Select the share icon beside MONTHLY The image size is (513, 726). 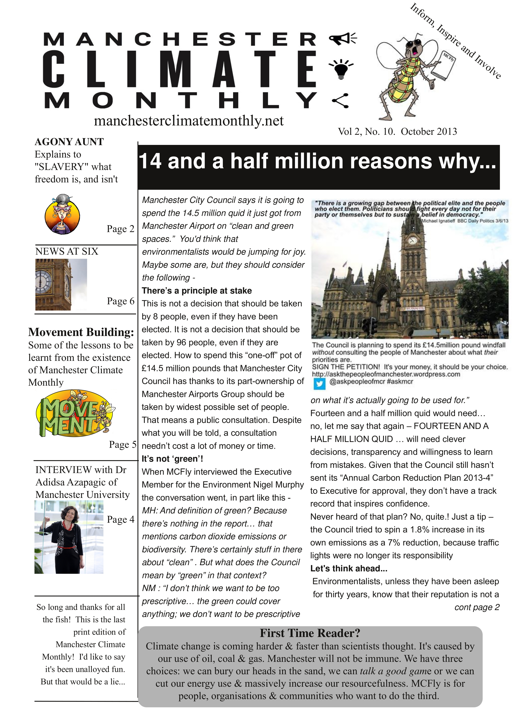[x=340, y=101]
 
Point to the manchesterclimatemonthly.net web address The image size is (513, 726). [x=189, y=121]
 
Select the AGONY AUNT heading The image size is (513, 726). [x=69, y=142]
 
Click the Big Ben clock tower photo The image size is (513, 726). [x=61, y=285]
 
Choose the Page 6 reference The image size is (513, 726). [x=121, y=301]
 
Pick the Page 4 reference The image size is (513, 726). [x=121, y=519]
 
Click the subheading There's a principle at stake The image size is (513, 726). [x=197, y=291]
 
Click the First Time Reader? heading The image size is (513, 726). [x=310, y=633]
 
